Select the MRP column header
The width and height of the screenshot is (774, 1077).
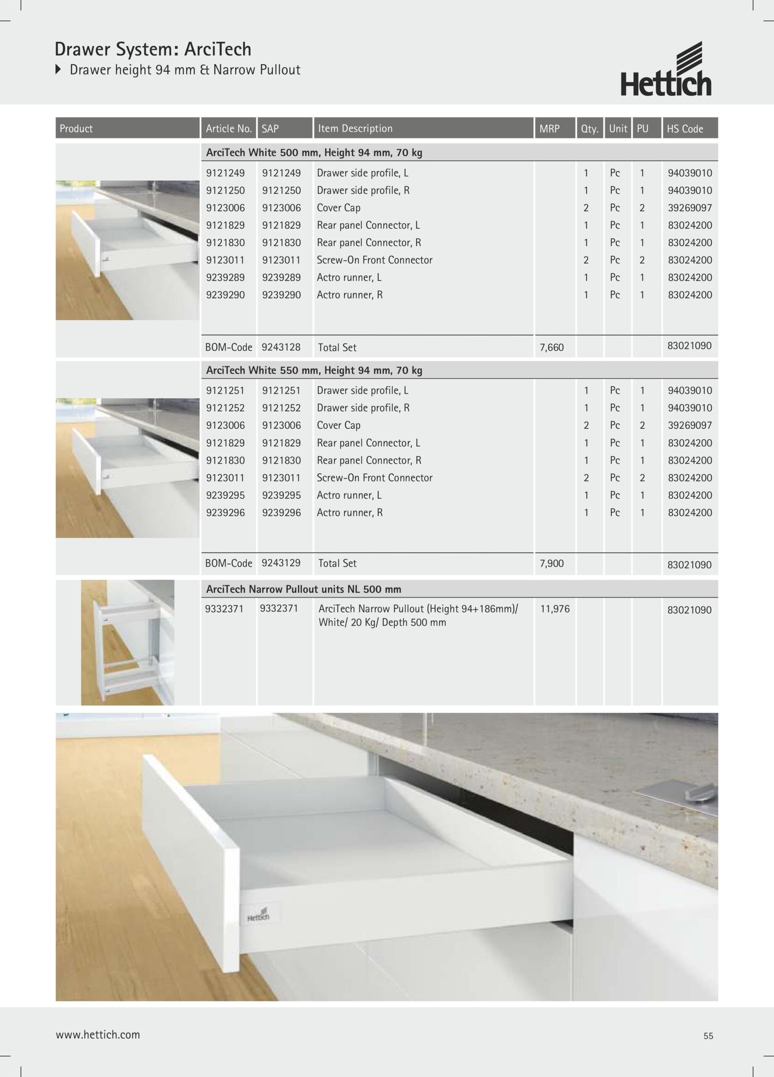pos(550,129)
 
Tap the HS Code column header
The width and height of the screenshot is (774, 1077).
pos(685,129)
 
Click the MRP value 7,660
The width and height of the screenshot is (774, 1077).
pos(552,347)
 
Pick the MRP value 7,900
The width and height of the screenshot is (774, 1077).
pos(552,563)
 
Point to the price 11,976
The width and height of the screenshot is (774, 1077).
pos(555,609)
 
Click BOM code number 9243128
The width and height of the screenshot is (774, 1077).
pos(281,347)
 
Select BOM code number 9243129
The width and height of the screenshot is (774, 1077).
pos(281,563)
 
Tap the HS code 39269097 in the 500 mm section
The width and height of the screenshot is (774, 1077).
pos(690,208)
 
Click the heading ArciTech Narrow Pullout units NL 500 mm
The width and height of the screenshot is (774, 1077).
pos(304,589)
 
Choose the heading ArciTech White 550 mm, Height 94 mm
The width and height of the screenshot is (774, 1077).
pos(314,371)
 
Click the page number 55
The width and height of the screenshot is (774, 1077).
pos(708,1036)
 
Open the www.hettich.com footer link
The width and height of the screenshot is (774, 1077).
pos(98,1035)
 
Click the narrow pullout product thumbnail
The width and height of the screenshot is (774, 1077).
pos(128,643)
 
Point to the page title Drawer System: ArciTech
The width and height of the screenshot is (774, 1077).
pos(153,49)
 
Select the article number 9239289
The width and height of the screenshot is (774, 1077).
pos(225,277)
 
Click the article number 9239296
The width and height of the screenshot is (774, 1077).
pos(225,512)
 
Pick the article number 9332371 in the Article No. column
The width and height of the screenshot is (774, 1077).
pos(224,609)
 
